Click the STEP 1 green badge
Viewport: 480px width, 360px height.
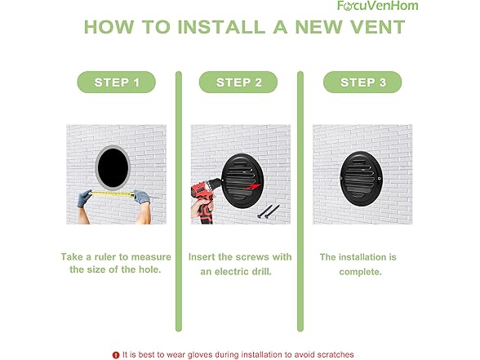click(x=116, y=82)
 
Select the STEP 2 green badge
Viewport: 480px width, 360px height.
click(x=239, y=82)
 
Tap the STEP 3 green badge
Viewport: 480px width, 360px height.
click(x=362, y=82)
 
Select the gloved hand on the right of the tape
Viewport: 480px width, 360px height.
click(x=142, y=197)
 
